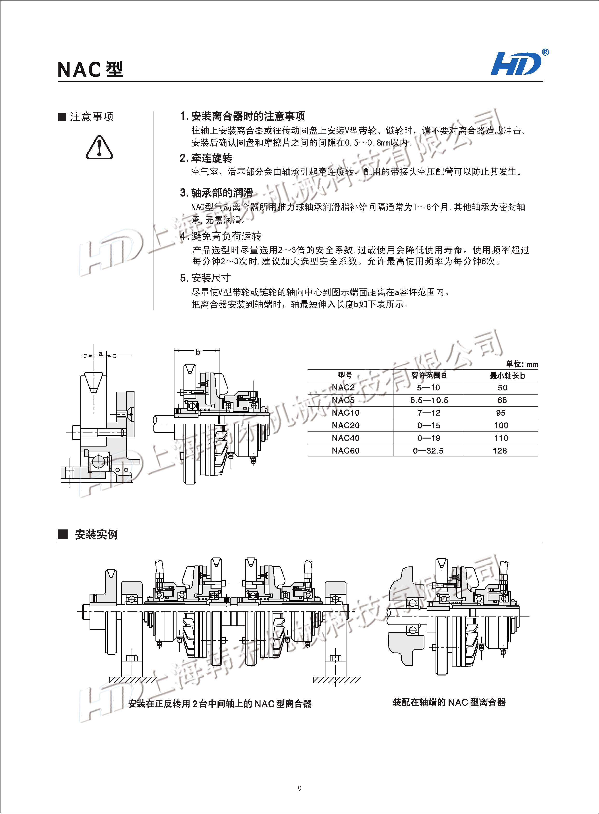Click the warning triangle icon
[99, 147]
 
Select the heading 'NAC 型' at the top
[91, 69]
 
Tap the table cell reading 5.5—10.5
[429, 400]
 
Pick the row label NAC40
[345, 438]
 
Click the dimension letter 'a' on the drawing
[100, 353]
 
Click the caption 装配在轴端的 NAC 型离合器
[449, 702]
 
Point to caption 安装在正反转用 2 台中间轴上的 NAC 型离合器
[220, 704]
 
